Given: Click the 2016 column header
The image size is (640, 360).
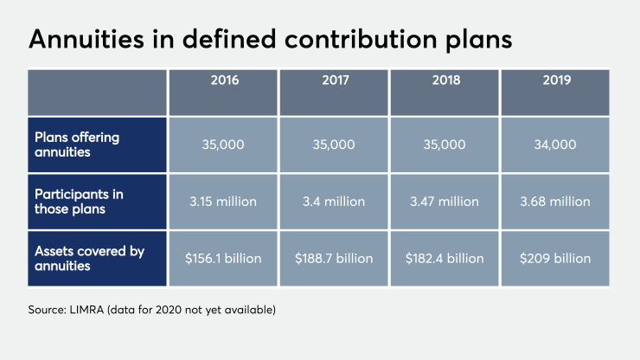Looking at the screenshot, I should pos(223,81).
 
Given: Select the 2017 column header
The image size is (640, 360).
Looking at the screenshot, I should pos(334,81).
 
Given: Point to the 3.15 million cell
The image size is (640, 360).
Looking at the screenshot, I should pos(223,201).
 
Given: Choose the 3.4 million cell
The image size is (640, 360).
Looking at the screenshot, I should pos(334,201).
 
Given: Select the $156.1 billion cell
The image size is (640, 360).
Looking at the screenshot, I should pos(223,258).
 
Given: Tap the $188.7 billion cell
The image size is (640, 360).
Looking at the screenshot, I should pos(334,258).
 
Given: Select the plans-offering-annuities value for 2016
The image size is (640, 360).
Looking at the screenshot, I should pos(223,144).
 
